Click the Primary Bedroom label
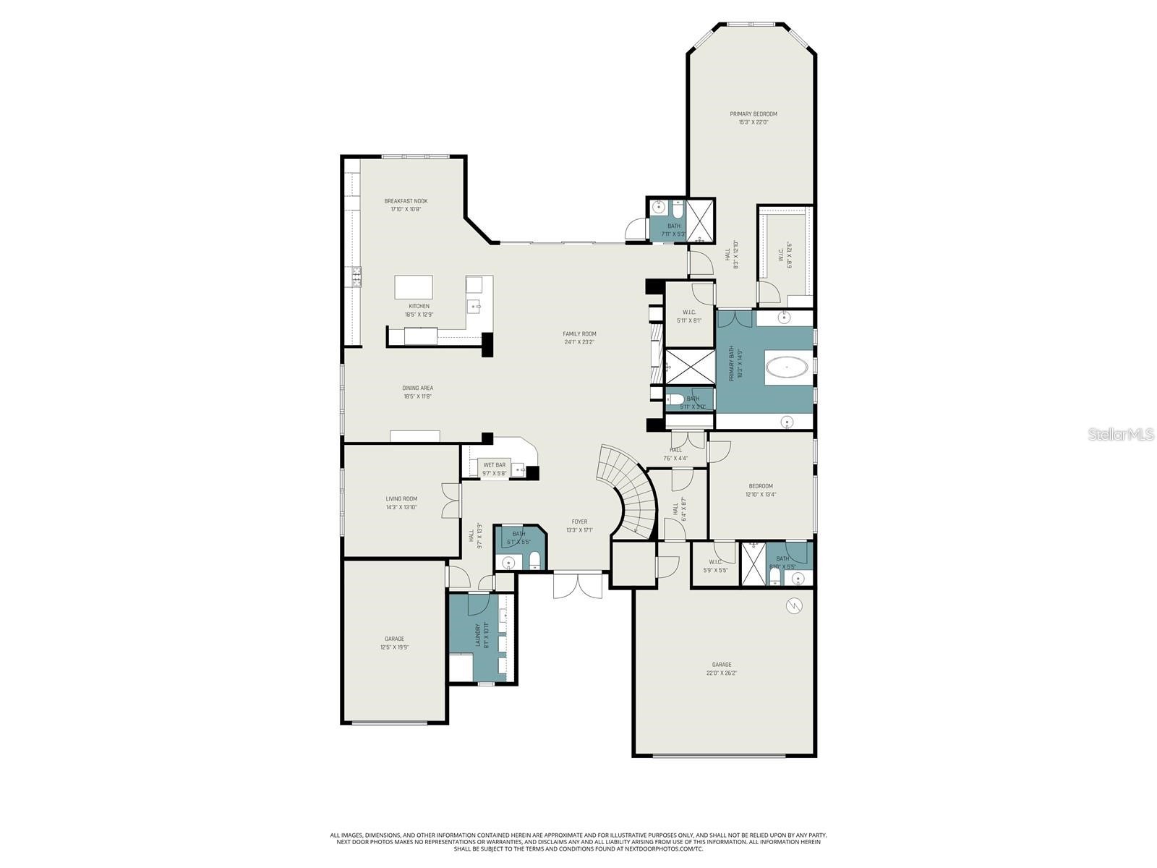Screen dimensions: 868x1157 (753, 114)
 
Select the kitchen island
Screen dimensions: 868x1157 (414, 287)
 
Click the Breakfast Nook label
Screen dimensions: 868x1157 (406, 201)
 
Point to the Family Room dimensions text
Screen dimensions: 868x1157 (579, 342)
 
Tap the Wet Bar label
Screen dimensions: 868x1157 (495, 465)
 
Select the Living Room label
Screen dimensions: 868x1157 (401, 499)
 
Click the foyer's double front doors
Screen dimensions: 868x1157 (578, 584)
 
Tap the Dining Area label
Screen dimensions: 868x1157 (418, 388)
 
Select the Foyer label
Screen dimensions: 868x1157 (579, 522)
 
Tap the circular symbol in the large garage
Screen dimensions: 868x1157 (794, 606)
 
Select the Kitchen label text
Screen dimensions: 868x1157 (419, 306)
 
